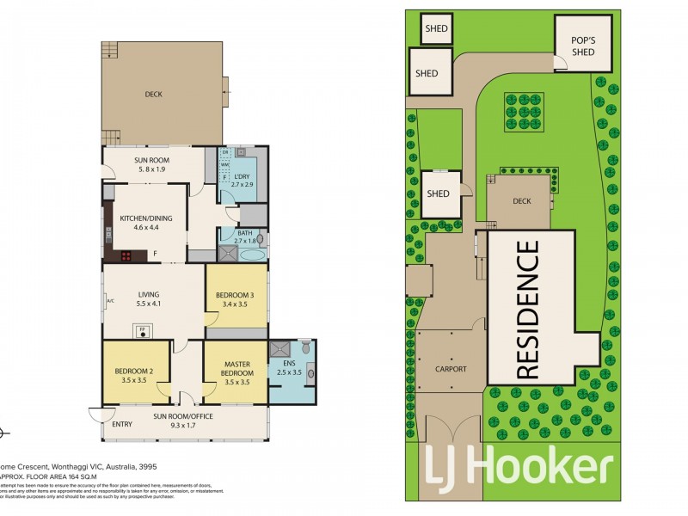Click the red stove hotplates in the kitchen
pyautogui.click(x=125, y=255)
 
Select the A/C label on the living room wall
pyautogui.click(x=110, y=299)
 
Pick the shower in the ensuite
pyautogui.click(x=279, y=349)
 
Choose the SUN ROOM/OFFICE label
pyautogui.click(x=182, y=416)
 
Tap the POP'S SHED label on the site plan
pyautogui.click(x=583, y=46)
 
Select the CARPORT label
pyautogui.click(x=450, y=369)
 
